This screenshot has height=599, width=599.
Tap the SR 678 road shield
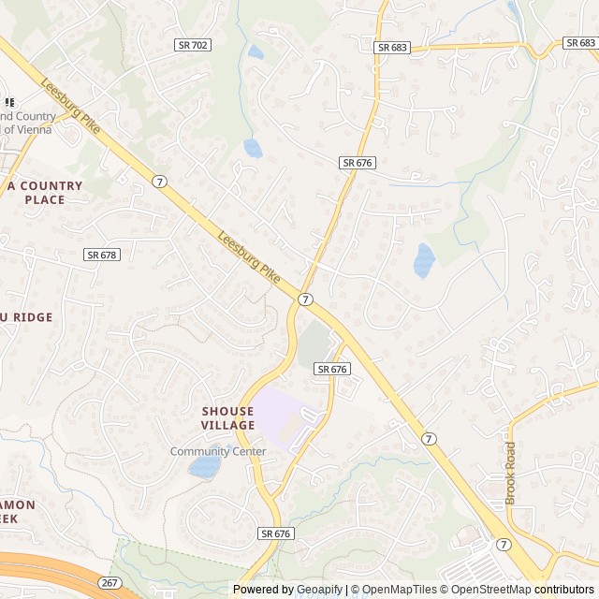click(102, 255)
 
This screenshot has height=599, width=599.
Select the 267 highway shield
click(110, 582)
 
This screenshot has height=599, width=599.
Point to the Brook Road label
click(510, 473)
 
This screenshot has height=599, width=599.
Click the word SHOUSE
click(227, 411)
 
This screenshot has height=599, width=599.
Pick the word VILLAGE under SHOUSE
click(227, 425)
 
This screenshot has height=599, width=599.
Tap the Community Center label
click(218, 451)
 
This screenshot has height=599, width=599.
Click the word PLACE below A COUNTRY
click(45, 199)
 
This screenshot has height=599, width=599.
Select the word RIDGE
click(33, 317)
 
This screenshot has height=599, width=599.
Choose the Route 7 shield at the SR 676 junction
click(305, 299)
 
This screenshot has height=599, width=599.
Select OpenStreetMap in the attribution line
click(487, 590)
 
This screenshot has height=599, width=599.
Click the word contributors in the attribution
click(564, 590)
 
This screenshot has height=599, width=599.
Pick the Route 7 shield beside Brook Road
click(504, 544)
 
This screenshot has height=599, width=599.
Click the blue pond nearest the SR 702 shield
click(256, 52)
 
